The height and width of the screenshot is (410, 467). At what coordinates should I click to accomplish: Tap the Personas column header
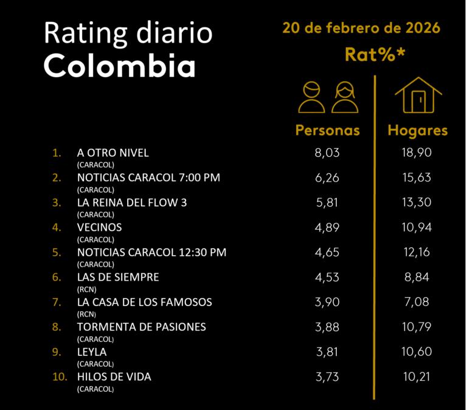(x=327, y=131)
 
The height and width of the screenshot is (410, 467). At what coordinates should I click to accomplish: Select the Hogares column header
(x=418, y=131)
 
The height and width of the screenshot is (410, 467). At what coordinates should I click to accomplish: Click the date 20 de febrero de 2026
(x=361, y=28)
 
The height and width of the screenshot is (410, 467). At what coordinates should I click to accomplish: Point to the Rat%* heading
(x=375, y=54)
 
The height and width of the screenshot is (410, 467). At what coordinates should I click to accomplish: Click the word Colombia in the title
(x=120, y=66)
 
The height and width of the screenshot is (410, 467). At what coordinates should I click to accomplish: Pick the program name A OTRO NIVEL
(x=113, y=152)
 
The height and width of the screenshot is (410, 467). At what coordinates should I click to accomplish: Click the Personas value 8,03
(x=327, y=152)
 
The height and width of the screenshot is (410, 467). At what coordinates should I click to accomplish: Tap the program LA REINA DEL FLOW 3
(x=132, y=202)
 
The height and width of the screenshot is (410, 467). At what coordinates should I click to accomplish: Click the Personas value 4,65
(x=327, y=252)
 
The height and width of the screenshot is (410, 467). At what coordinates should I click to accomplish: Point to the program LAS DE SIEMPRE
(x=118, y=277)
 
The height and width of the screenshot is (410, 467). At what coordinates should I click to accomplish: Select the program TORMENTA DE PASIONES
(x=142, y=327)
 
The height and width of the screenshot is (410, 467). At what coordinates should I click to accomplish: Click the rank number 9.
(x=57, y=352)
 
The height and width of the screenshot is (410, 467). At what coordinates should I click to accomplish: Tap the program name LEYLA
(x=92, y=352)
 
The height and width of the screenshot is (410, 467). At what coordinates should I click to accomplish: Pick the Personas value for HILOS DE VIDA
(x=327, y=377)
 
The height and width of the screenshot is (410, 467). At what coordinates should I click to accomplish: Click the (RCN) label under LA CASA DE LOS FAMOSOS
(x=87, y=314)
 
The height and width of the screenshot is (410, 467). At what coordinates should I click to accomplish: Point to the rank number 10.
(x=60, y=377)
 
